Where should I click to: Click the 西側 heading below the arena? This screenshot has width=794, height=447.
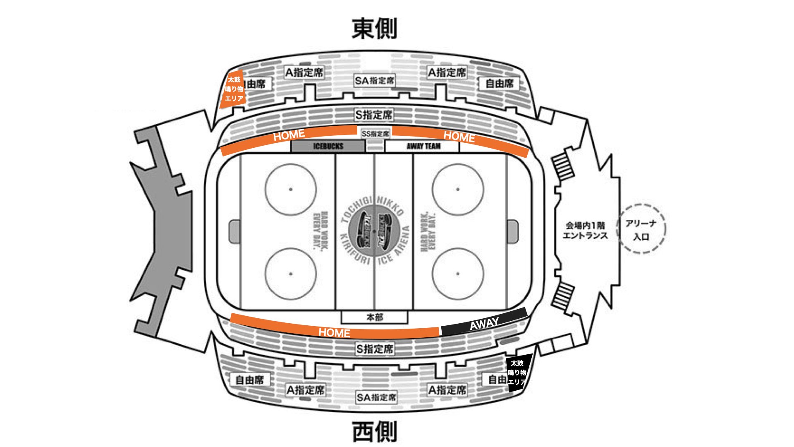(x=374, y=431)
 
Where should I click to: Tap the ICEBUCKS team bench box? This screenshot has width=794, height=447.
(x=328, y=146)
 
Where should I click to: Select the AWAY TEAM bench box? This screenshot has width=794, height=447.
(x=422, y=146)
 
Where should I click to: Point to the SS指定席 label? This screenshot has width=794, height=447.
(x=375, y=134)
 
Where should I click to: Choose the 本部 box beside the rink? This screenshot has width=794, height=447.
(x=374, y=317)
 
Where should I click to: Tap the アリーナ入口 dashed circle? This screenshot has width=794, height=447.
(x=641, y=229)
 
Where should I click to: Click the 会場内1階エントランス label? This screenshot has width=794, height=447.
(x=585, y=231)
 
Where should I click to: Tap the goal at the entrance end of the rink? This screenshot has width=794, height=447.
(x=512, y=231)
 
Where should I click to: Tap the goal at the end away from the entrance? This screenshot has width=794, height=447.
(x=234, y=231)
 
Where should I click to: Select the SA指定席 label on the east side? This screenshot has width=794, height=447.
(x=375, y=81)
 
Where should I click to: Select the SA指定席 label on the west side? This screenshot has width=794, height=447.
(x=376, y=398)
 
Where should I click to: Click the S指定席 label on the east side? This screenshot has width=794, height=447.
(x=374, y=115)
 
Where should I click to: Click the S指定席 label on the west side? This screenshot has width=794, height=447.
(x=375, y=349)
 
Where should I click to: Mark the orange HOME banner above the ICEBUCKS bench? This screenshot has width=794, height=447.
(x=289, y=135)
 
